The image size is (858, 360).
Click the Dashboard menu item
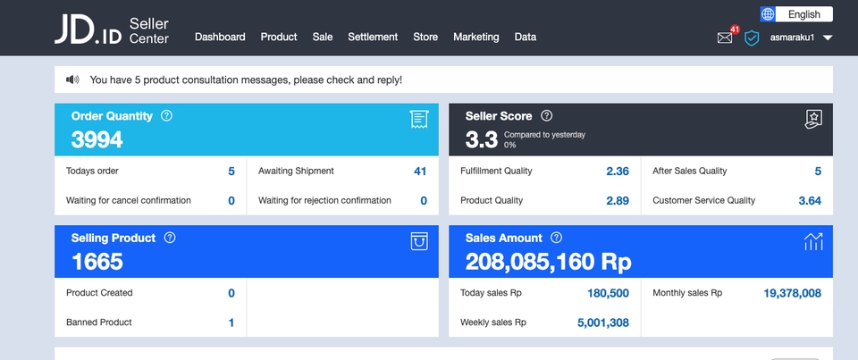(x=220, y=37)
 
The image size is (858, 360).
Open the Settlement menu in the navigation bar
(x=373, y=37)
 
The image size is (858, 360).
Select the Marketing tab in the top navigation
(x=475, y=37)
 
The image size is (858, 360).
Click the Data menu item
(x=526, y=37)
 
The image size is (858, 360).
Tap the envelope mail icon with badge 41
(x=725, y=38)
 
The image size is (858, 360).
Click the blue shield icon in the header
(x=752, y=38)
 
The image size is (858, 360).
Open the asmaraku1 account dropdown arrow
(x=828, y=38)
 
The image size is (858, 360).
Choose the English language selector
(x=796, y=14)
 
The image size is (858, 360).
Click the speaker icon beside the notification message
(x=72, y=80)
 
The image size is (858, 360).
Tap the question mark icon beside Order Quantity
(x=166, y=116)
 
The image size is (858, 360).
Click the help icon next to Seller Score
(x=547, y=116)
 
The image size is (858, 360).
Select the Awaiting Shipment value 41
(x=420, y=172)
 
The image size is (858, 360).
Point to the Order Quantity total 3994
(x=97, y=140)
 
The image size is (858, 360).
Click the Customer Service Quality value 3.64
(x=810, y=201)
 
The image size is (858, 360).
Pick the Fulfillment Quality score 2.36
(x=618, y=172)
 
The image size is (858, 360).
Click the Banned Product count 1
(x=231, y=322)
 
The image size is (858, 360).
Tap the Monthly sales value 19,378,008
(x=792, y=293)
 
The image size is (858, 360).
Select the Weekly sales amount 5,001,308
(x=602, y=322)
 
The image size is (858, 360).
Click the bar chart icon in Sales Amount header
(x=813, y=241)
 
